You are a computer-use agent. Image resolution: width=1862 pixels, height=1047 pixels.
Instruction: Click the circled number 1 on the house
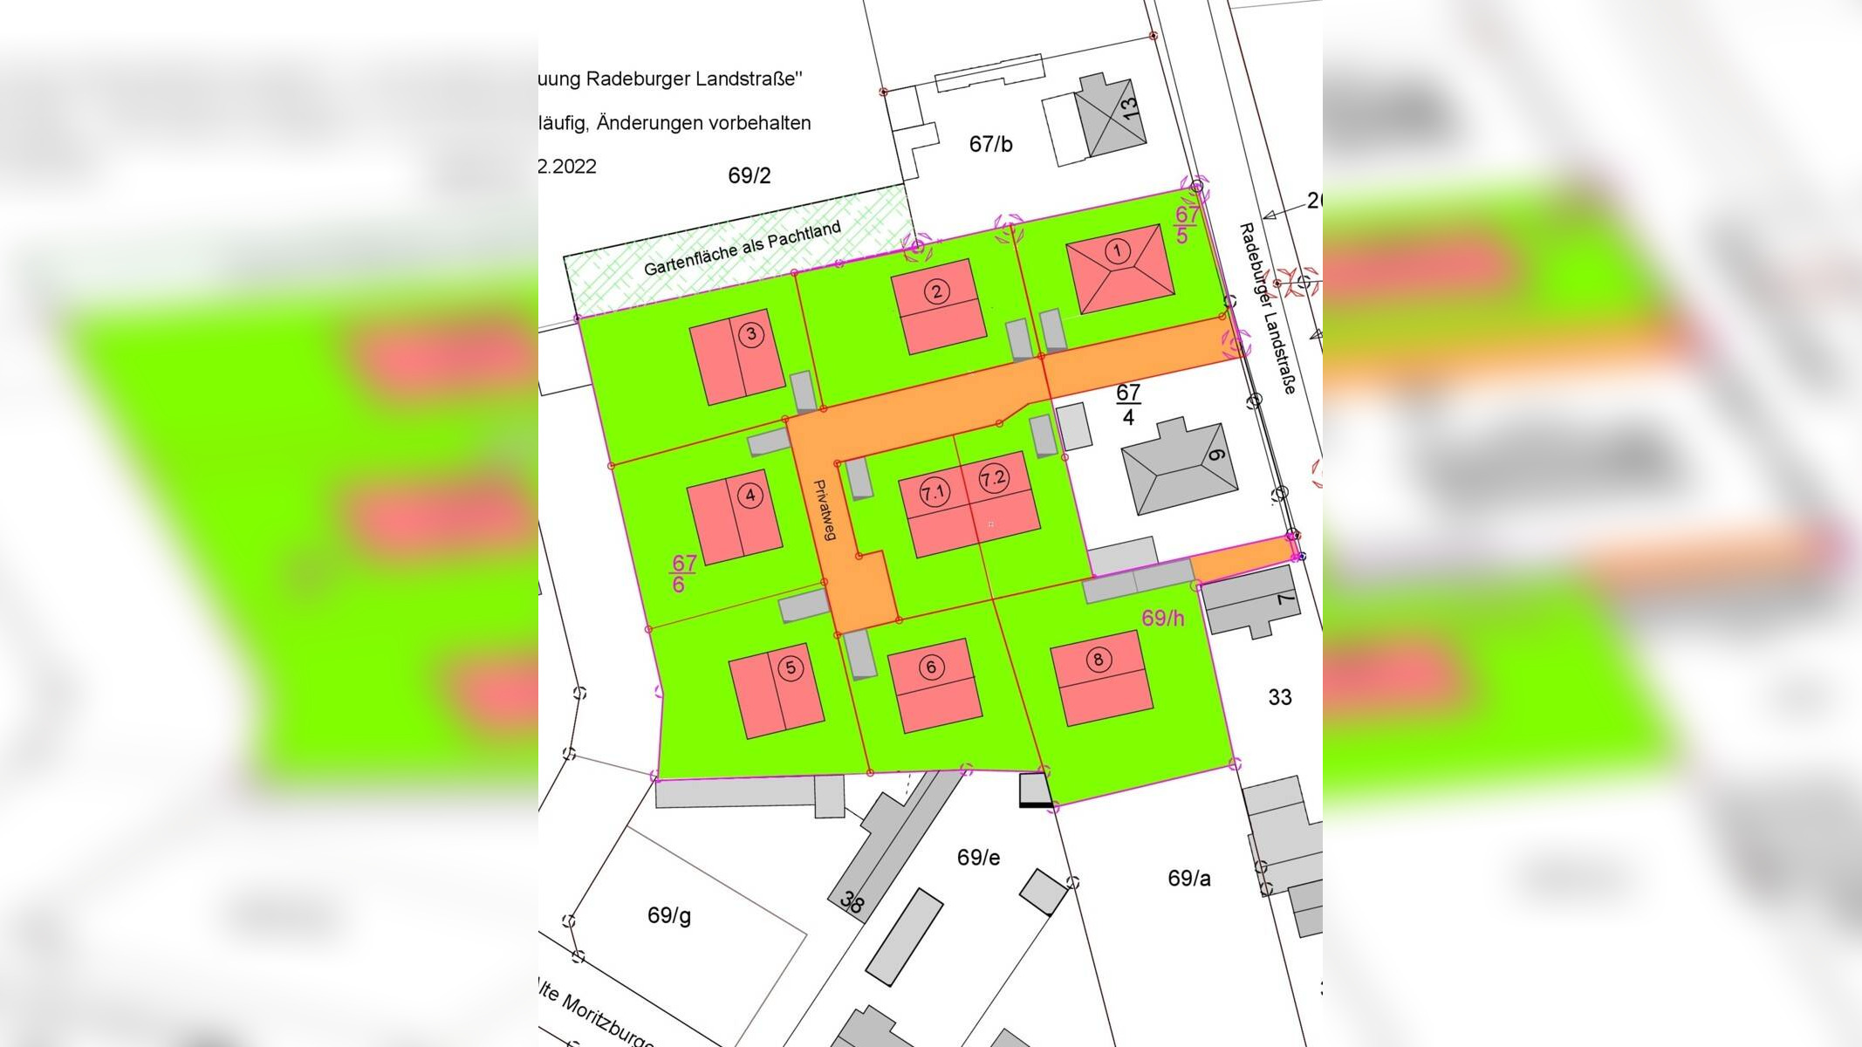1117,251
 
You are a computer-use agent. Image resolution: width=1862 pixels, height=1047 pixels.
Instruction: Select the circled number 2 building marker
936,291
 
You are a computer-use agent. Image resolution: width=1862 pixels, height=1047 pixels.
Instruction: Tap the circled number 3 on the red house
750,334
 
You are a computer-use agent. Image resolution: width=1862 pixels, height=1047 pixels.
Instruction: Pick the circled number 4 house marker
750,496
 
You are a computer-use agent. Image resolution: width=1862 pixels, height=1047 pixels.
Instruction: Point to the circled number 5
790,668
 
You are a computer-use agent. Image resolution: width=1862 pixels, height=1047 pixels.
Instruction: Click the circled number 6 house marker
931,667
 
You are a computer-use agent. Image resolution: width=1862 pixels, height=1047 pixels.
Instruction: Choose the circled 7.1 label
934,494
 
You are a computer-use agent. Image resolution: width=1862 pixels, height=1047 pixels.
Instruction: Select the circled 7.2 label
993,478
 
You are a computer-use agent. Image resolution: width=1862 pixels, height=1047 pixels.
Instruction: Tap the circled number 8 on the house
1098,660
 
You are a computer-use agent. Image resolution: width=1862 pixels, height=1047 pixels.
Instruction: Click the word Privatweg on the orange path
825,510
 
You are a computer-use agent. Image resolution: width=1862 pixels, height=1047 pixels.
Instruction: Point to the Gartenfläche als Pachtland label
742,250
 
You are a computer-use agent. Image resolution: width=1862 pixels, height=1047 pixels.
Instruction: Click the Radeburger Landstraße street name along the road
1267,308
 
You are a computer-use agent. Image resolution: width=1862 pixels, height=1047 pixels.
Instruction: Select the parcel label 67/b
990,144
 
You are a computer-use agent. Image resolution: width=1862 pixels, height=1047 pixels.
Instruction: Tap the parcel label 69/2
750,175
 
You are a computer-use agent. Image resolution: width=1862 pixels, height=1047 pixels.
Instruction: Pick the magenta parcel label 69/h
1163,618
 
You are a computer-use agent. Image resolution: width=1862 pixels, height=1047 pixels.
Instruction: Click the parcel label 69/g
669,915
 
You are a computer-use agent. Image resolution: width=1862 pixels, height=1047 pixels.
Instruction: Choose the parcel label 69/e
978,858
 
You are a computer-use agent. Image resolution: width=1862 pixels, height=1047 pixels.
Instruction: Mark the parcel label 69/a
1188,878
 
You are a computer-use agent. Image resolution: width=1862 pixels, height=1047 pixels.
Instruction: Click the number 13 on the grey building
1128,108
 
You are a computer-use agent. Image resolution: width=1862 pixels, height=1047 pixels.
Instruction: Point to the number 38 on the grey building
852,902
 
